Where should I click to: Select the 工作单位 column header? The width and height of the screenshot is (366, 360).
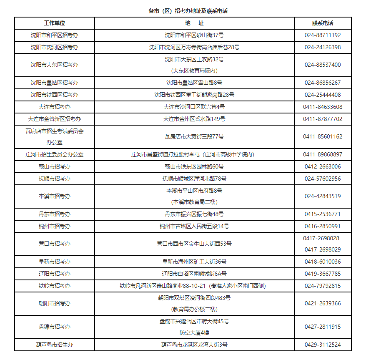(55, 23)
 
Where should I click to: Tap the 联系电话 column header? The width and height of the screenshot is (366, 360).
(323, 23)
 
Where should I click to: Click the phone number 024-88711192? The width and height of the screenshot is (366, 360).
(323, 35)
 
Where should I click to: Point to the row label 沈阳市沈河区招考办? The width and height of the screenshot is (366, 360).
(55, 47)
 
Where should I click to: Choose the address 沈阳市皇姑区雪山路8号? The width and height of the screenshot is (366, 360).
(194, 83)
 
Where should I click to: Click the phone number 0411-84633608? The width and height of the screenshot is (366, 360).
(323, 107)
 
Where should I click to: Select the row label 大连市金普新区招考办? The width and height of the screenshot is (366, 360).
(55, 119)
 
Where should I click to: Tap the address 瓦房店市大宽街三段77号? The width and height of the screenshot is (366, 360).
(194, 136)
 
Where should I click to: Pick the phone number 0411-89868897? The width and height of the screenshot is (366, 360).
(323, 154)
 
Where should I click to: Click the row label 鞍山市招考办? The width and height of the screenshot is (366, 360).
(55, 166)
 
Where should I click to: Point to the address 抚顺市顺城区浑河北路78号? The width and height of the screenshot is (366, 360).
(194, 179)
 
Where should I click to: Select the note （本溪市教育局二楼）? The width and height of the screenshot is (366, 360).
(194, 202)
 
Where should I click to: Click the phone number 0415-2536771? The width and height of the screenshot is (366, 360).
(323, 214)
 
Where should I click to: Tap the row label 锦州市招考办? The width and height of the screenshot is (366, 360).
(55, 226)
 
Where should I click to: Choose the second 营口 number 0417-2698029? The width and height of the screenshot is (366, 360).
(323, 249)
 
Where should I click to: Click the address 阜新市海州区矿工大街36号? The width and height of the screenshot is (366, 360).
(194, 262)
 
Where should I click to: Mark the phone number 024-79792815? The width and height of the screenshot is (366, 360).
(323, 286)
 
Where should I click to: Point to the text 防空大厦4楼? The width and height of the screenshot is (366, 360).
(194, 332)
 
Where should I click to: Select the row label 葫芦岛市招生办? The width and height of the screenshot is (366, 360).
(55, 345)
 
